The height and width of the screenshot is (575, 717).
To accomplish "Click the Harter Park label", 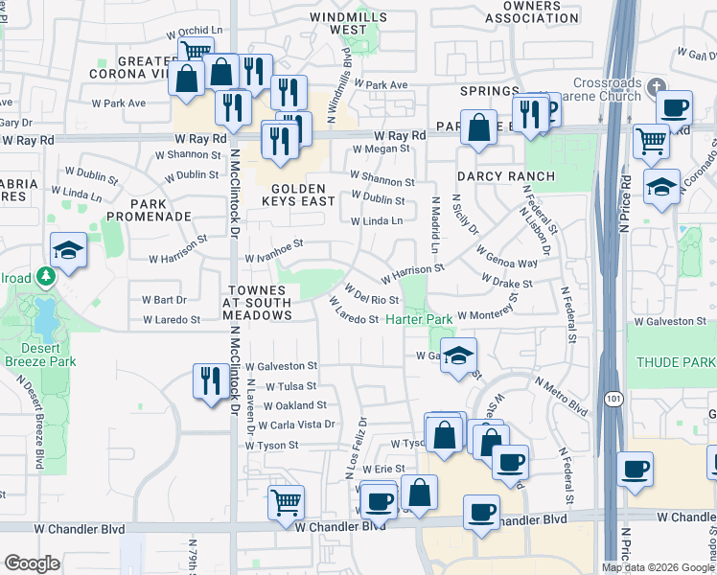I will coord(419,319).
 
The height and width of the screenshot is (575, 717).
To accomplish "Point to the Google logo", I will coord(32,563).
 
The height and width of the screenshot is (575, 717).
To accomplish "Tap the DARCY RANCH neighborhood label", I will coord(505,176).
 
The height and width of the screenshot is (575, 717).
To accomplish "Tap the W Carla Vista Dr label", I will coord(289,425).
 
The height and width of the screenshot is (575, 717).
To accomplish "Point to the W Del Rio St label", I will coord(371,295).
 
